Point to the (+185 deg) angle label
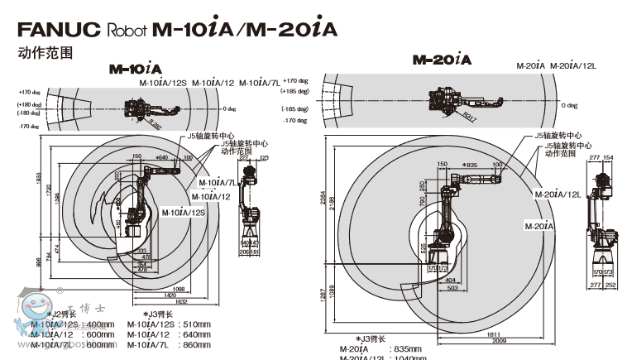click(294, 90)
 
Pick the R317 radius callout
click(471, 116)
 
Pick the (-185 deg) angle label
click(294, 109)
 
